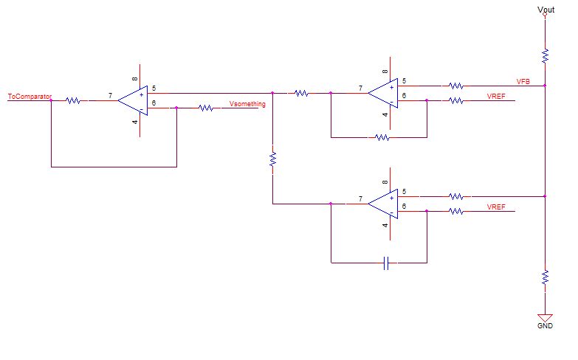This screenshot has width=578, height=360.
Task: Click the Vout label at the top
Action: point(545,9)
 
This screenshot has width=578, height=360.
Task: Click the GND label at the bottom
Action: point(545,325)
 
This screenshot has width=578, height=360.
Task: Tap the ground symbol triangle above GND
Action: point(545,316)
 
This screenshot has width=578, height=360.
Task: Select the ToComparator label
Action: point(29,96)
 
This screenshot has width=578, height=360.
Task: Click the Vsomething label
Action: point(247,104)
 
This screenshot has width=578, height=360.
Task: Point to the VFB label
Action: point(523,80)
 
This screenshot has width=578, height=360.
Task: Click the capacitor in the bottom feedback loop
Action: point(386,263)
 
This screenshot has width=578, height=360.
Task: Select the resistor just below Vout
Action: point(545,55)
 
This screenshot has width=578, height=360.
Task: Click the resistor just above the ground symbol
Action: point(545,277)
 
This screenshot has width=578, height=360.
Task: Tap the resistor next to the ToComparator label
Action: point(73,100)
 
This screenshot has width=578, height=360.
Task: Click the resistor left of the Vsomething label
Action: point(206,108)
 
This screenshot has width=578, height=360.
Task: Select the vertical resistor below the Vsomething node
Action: point(273,159)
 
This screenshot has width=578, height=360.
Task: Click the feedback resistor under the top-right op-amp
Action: point(382,137)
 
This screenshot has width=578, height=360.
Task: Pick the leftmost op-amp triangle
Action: point(134,100)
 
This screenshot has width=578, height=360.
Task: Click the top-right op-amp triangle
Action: point(384,93)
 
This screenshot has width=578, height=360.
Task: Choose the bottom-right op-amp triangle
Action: point(384,204)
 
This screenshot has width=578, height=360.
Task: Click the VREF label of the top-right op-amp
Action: point(496,97)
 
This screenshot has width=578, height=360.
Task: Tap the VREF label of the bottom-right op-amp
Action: point(496,207)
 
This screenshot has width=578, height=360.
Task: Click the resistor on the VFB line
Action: point(456,86)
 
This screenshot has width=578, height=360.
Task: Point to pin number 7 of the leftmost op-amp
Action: point(110,96)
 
